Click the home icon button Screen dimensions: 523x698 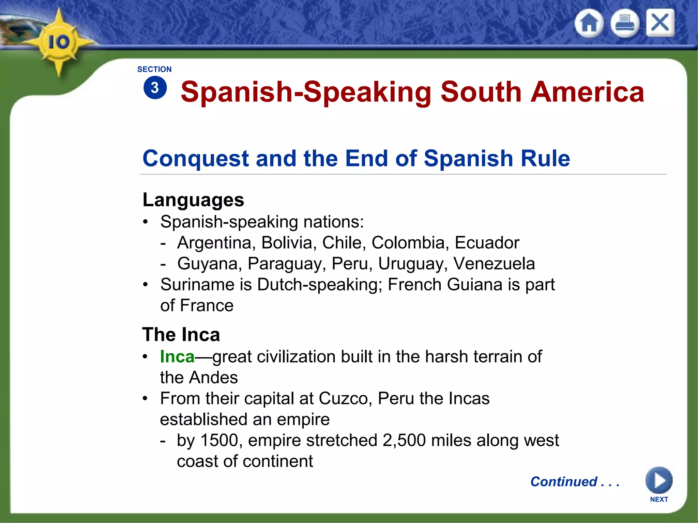point(589,23)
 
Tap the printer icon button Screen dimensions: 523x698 point(625,23)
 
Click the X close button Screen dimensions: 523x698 point(660,23)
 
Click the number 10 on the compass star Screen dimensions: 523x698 point(59,42)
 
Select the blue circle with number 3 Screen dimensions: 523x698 point(155,88)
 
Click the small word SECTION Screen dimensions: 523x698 point(154,69)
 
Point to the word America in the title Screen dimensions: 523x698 point(587,92)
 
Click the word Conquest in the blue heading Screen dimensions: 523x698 point(196,158)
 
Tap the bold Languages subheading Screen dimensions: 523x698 point(193,200)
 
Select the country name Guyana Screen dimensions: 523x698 point(210,264)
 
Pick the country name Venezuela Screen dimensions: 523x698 point(494,264)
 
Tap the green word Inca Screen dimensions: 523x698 point(177,357)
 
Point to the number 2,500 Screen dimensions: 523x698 point(404,440)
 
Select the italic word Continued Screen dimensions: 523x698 point(564,482)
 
